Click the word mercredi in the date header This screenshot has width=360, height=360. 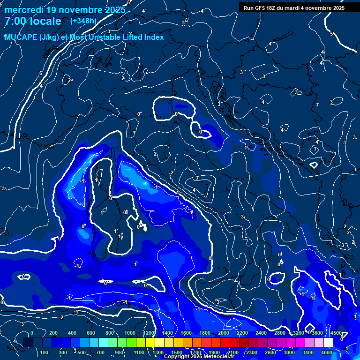pos(24,10)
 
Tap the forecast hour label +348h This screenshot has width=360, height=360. pos(83,21)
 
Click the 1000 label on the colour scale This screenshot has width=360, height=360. pos(130,333)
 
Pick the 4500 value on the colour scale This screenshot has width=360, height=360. pos(336,333)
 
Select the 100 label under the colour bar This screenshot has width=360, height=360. pos(45,352)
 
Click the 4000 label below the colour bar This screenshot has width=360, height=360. pos(327,352)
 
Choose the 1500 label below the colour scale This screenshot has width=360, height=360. pos(177,352)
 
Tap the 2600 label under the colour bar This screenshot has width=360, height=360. pos(270,352)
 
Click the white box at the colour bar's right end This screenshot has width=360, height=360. pos(328,343)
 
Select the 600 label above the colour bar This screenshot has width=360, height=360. pos(91,333)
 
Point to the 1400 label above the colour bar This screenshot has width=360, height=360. pos(167,333)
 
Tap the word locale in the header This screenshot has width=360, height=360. pos(45,21)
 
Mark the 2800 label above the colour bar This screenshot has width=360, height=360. pos(280,333)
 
